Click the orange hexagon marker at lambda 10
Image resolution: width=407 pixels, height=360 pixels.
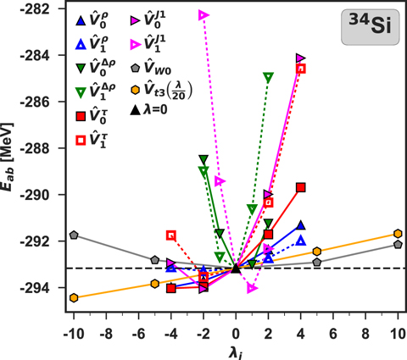coord(398,234)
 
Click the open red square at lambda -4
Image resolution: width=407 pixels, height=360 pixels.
coord(171,235)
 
